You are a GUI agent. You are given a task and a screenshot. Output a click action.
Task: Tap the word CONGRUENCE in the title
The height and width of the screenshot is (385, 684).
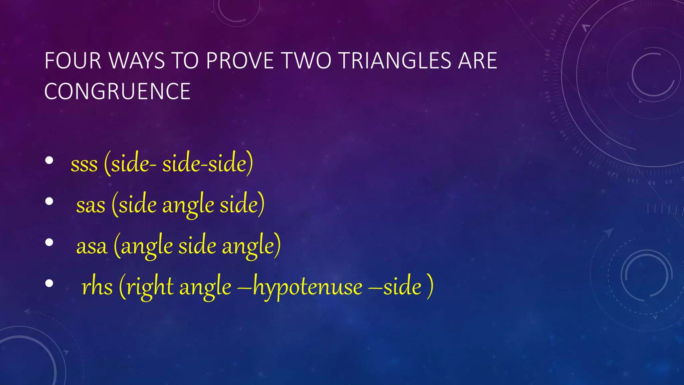[117, 92]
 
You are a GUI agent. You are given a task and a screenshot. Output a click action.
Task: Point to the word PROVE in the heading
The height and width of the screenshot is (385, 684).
[240, 61]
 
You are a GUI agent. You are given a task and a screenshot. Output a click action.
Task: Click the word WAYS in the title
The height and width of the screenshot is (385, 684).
[137, 61]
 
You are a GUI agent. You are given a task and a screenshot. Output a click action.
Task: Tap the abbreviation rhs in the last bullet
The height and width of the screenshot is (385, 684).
[97, 287]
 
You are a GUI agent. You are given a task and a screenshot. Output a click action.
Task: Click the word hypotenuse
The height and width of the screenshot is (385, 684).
[308, 287]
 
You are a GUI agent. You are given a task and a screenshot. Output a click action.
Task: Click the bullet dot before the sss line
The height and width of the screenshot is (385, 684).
[49, 161]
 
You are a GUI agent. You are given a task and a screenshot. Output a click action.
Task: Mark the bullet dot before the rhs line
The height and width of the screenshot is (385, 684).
[49, 283]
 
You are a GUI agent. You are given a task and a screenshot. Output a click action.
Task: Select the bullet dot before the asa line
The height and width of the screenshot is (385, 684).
[49, 242]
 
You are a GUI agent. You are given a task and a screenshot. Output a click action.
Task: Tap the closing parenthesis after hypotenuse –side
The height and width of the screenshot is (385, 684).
[430, 286]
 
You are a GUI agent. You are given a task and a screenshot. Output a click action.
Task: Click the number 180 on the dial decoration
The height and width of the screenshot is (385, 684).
[547, 54]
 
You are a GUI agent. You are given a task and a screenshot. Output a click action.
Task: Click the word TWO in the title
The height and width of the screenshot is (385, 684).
[307, 61]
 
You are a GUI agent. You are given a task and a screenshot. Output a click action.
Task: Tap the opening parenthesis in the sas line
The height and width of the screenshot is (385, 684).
[115, 205]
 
